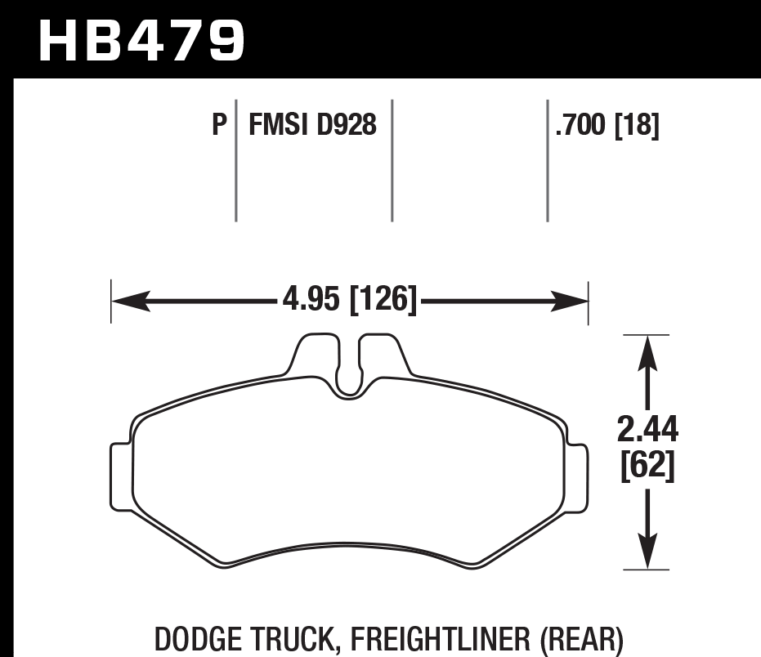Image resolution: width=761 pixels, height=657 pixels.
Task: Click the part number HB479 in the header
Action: (x=141, y=41)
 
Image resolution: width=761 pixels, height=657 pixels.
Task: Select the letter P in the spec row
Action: (x=218, y=126)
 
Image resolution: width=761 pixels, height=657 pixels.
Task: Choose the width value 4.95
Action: (x=311, y=300)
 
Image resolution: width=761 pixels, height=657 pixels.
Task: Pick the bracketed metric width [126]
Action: (x=383, y=300)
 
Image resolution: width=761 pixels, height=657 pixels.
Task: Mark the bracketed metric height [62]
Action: (x=648, y=467)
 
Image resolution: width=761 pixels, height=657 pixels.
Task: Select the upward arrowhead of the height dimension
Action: (x=647, y=351)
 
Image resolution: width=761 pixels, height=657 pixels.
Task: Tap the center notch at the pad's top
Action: (x=349, y=372)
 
